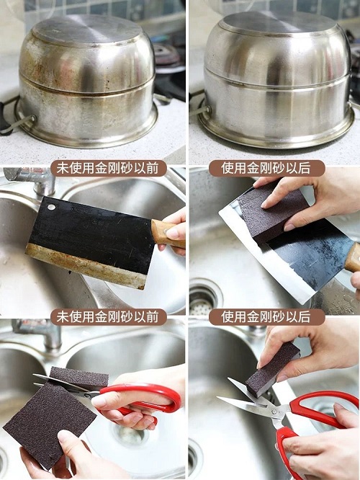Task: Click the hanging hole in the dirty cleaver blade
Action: point(51,208)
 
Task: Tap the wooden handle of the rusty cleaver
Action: point(167,234)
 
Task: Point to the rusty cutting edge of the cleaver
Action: point(86,267)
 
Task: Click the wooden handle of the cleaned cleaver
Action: point(353,257)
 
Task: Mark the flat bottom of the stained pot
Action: point(88,30)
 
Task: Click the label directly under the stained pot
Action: point(108,169)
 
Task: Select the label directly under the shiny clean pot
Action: point(266,169)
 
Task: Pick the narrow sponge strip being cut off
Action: point(79,377)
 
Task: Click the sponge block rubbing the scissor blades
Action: point(273,369)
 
